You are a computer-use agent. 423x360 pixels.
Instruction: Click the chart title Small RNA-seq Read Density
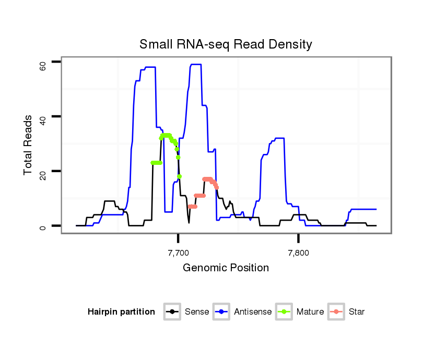pyautogui.click(x=226, y=44)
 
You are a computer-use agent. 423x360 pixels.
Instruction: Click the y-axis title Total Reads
pyautogui.click(x=28, y=145)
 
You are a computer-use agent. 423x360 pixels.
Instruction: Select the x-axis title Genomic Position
pyautogui.click(x=226, y=268)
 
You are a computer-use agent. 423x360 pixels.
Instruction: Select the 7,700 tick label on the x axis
pyautogui.click(x=178, y=253)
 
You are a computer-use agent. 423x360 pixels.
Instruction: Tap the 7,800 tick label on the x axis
pyautogui.click(x=298, y=253)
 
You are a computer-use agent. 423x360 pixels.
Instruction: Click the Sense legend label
pyautogui.click(x=197, y=312)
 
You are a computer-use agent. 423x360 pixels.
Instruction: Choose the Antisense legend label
pyautogui.click(x=253, y=312)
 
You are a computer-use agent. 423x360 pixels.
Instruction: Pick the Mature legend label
pyautogui.click(x=310, y=312)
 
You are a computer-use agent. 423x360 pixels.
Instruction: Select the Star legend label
pyautogui.click(x=356, y=312)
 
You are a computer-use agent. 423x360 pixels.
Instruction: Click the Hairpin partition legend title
pyautogui.click(x=121, y=312)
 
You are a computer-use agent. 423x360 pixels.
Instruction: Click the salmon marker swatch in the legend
pyautogui.click(x=337, y=312)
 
